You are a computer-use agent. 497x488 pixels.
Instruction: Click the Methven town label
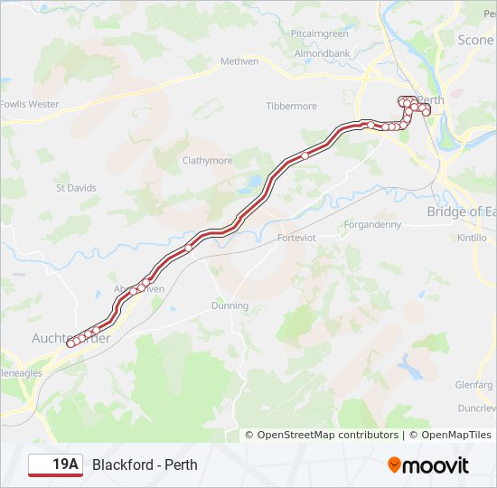pos(239,61)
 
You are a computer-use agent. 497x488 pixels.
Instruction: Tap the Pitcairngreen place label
pos(320,33)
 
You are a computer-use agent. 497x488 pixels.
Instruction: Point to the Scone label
pos(476,40)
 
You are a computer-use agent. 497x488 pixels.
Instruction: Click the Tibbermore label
pos(291,106)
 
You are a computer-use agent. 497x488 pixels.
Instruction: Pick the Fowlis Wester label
pos(29,104)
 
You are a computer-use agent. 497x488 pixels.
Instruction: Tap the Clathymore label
pos(208,161)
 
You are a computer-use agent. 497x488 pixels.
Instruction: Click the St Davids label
pos(76,188)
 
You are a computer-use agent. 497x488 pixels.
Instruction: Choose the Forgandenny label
pos(372,225)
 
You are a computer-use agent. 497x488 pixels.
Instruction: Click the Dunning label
pos(230,305)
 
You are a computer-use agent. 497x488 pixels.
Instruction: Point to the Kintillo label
pos(472,238)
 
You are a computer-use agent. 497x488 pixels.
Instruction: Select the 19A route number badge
pos(55,465)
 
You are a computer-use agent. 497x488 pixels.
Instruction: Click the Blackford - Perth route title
pos(145,465)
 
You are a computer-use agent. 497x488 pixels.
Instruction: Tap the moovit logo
pos(428,465)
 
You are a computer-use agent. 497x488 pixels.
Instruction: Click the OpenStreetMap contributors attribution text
pos(327,435)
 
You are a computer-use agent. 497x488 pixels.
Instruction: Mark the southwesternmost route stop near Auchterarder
pos(70,343)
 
